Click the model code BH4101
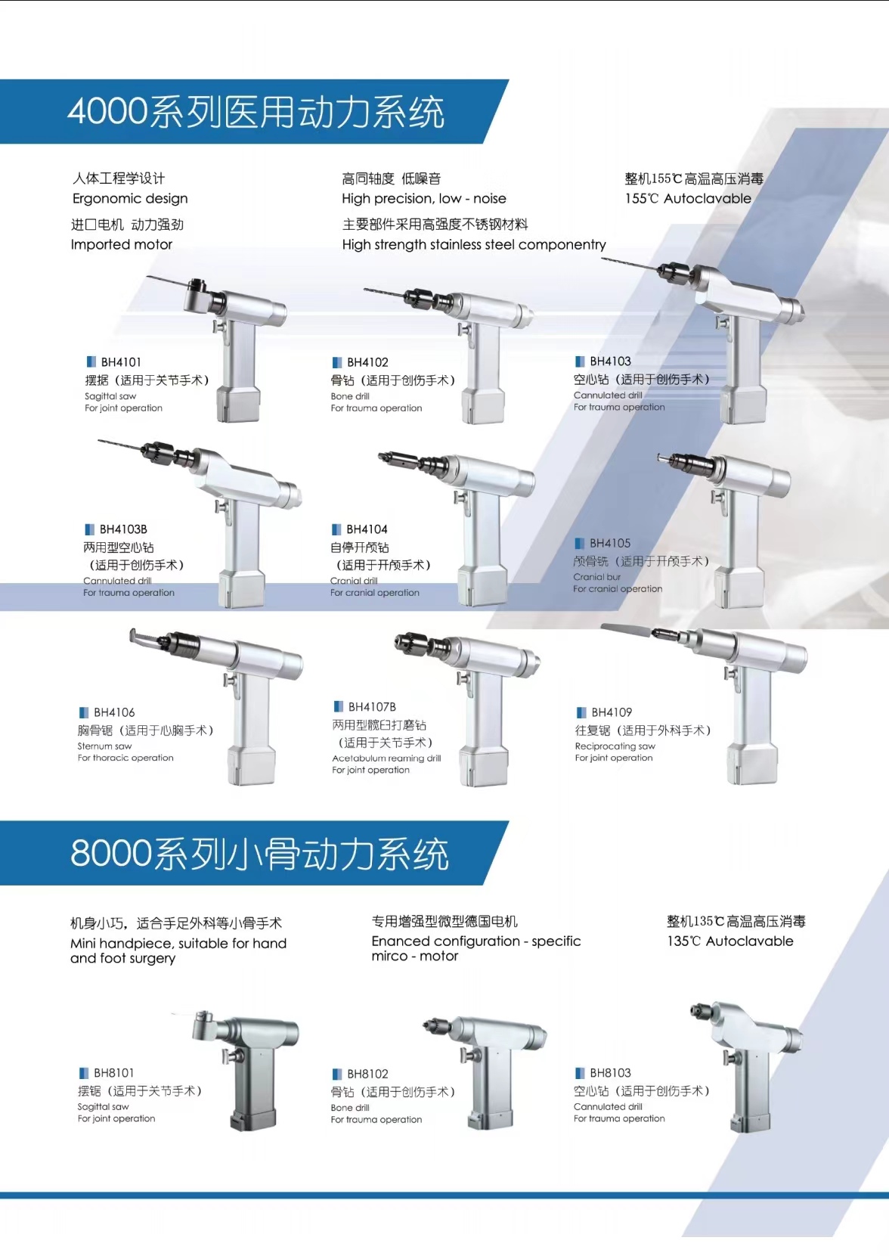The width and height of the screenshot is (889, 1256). click(x=120, y=362)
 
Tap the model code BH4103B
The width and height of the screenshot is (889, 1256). click(x=123, y=529)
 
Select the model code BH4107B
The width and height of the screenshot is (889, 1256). click(x=372, y=706)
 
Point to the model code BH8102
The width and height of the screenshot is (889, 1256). click(x=367, y=1074)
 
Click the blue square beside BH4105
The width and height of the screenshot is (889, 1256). click(x=580, y=543)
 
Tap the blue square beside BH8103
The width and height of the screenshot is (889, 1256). click(x=580, y=1073)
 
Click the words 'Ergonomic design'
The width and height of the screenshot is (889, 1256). click(x=130, y=198)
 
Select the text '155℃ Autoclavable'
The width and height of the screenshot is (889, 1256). click(x=688, y=198)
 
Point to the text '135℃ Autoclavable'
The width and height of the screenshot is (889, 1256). click(x=729, y=941)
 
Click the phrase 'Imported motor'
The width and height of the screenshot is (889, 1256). click(x=122, y=244)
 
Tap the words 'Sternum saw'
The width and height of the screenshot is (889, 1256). click(x=105, y=746)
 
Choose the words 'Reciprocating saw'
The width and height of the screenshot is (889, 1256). click(x=615, y=746)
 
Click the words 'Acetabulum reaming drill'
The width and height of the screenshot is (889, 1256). click(x=386, y=758)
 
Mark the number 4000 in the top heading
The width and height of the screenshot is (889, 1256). click(x=107, y=111)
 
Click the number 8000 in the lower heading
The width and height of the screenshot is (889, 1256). click(x=110, y=853)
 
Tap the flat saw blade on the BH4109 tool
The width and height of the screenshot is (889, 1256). click(x=626, y=629)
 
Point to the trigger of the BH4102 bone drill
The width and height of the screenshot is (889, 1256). click(x=464, y=329)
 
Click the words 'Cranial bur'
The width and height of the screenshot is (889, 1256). click(x=597, y=577)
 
